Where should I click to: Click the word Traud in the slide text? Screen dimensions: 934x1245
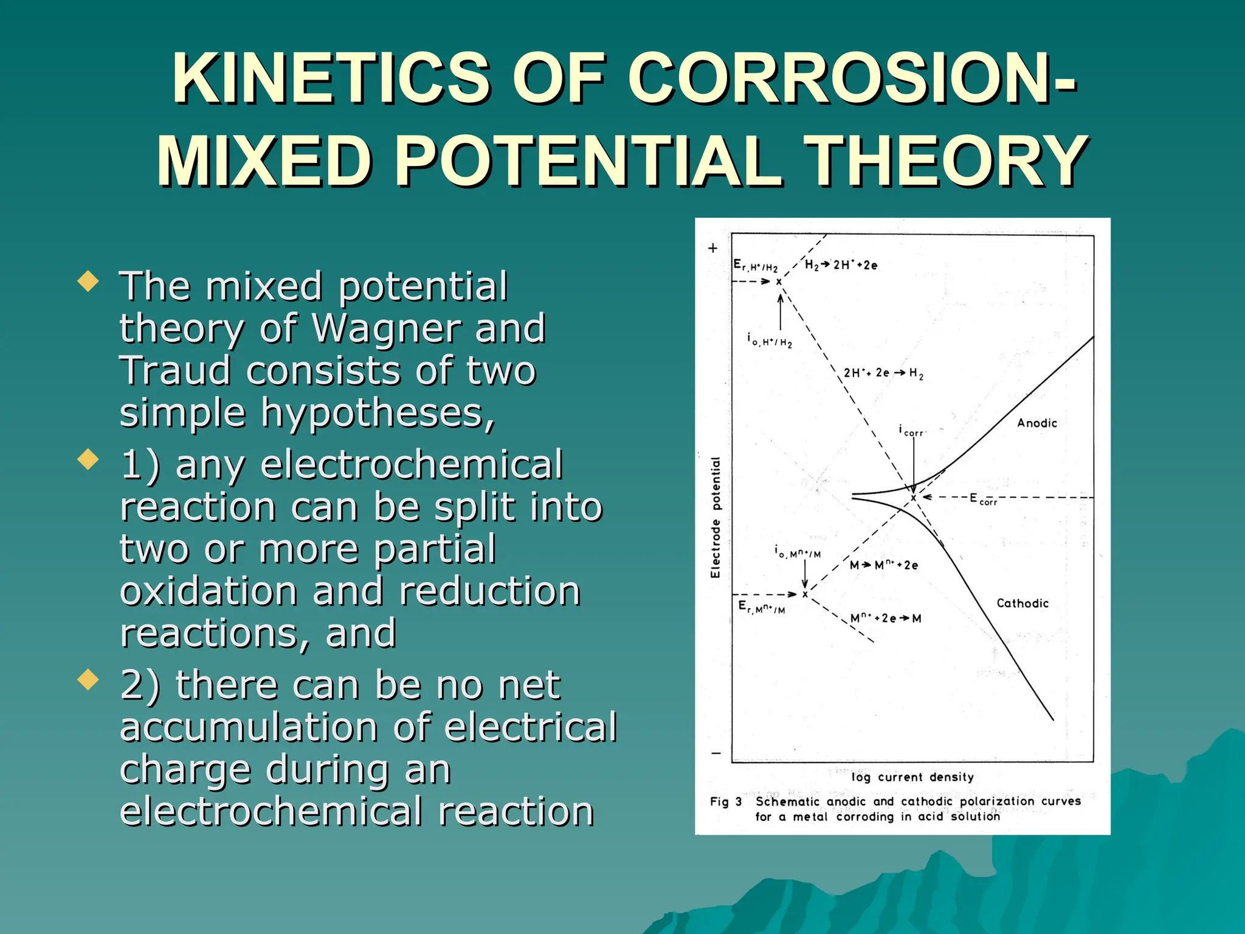coord(175,370)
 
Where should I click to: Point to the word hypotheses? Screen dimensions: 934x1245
coord(377,413)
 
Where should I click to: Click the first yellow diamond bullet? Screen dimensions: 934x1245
coord(89,282)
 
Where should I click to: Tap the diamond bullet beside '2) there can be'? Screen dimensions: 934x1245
coord(89,680)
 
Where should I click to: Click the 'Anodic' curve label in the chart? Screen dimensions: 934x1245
coord(1037,423)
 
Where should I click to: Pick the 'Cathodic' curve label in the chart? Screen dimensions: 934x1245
coord(1023,603)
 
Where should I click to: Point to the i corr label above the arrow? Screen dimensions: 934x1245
coord(911,431)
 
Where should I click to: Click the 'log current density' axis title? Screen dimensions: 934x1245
coord(912,777)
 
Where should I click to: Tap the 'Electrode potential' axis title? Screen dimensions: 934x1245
coord(716,517)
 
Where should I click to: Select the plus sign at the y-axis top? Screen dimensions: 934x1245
coord(713,248)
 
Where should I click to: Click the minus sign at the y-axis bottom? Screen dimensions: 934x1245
coord(716,753)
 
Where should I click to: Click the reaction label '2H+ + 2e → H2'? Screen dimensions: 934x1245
coord(883,373)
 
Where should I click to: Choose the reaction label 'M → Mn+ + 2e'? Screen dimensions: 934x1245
coord(884,565)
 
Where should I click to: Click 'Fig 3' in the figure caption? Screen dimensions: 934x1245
coord(726,801)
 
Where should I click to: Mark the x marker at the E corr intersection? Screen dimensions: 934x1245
coord(913,498)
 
